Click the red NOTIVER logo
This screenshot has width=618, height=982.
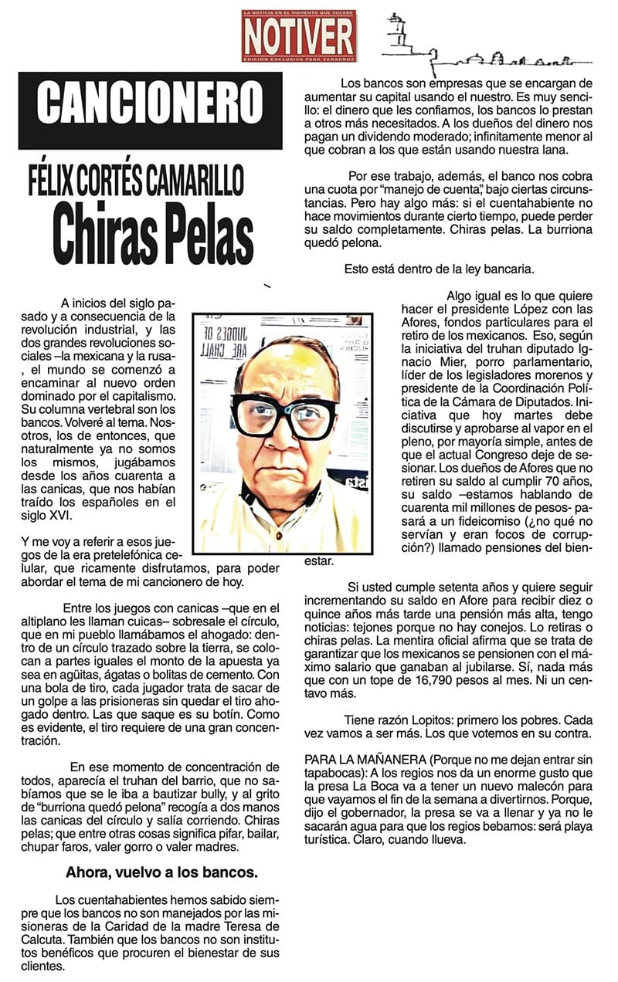point(298,36)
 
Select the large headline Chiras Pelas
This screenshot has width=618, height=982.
point(154,229)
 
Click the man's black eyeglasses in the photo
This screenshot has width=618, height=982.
point(284,415)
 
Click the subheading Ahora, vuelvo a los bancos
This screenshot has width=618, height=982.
point(161,873)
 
